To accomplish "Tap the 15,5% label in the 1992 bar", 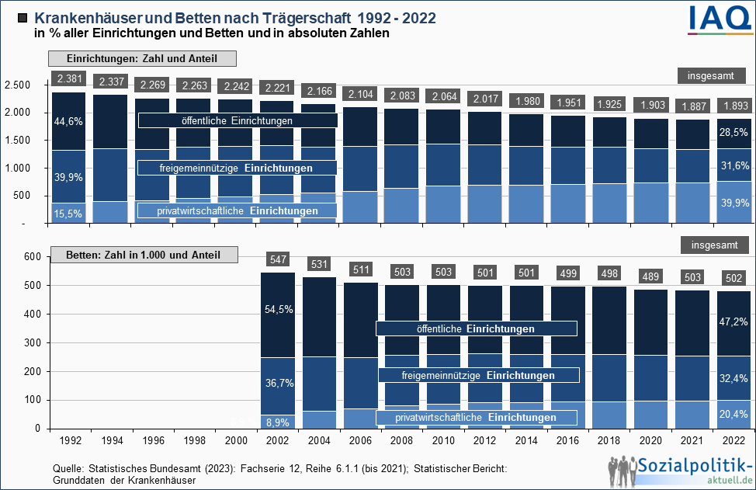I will click(68, 214).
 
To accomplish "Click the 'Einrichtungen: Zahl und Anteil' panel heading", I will click(142, 59).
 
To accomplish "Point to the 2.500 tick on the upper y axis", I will click(18, 85).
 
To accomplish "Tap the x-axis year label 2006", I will click(361, 441).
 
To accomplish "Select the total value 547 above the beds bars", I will click(278, 259).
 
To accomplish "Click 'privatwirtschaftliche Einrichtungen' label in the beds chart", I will click(477, 418).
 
